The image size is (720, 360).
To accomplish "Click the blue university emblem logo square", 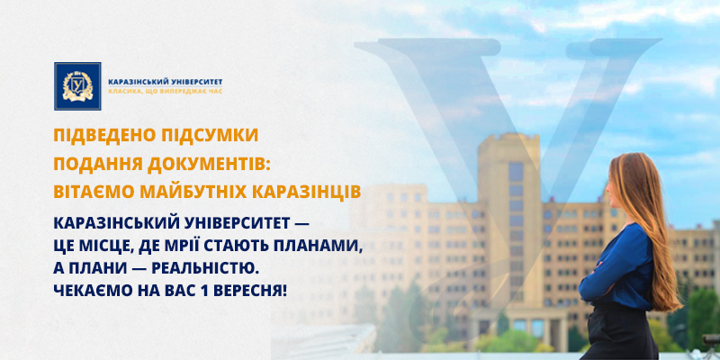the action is (x=77, y=86).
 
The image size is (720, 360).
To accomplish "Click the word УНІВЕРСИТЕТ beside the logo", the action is (x=193, y=82).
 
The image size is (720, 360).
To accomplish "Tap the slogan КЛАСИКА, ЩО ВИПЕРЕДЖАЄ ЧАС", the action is (x=166, y=91).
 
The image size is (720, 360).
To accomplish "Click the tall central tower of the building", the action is (x=509, y=220).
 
